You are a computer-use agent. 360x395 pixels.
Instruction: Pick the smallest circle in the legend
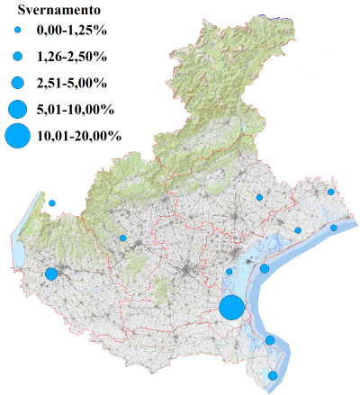point(18,32)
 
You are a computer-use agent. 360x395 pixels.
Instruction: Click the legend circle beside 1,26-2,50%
point(18,58)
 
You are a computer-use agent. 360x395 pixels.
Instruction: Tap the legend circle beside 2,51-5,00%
point(18,84)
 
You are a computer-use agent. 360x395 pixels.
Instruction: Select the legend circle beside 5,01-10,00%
point(18,110)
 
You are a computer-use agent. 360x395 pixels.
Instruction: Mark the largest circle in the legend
point(18,137)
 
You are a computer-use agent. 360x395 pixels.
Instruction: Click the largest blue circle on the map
point(231,308)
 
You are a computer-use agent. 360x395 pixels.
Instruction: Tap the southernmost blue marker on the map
point(274,375)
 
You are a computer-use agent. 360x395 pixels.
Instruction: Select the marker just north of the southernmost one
point(270,340)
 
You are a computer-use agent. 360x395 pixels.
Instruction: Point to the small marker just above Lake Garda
point(52,203)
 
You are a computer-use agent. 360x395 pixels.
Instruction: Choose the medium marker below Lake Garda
point(51,274)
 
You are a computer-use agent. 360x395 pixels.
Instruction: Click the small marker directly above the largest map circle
point(229,271)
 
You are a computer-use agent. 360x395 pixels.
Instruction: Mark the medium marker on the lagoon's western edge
point(265,268)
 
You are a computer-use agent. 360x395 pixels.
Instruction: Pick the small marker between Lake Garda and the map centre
point(122,238)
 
